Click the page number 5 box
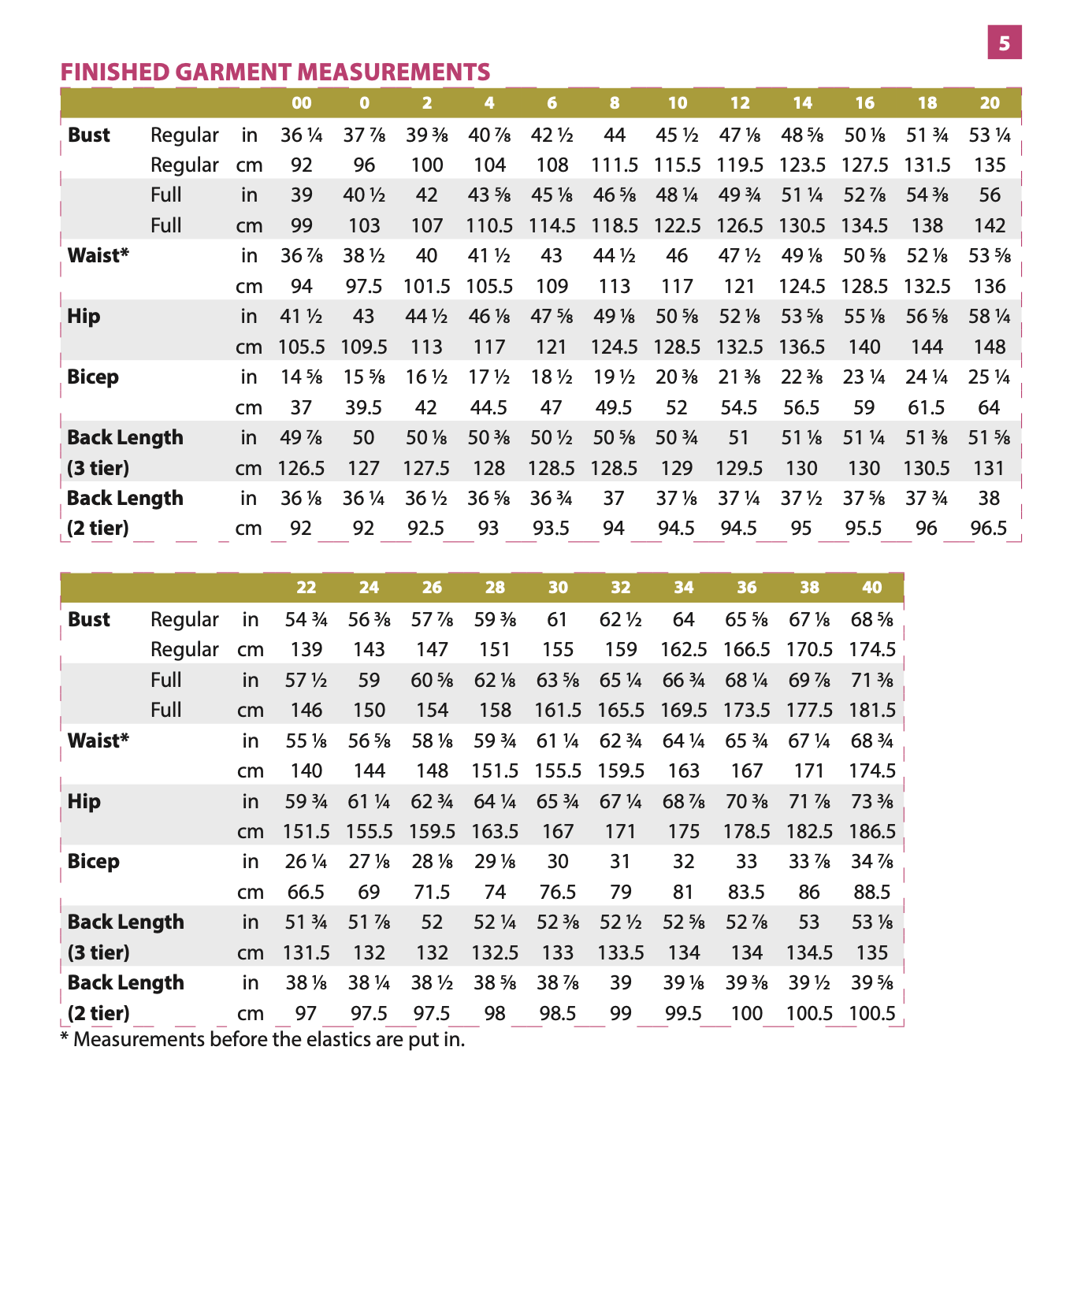[1004, 43]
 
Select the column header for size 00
[302, 103]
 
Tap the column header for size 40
[872, 588]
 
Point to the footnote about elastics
[262, 1039]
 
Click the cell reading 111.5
[615, 165]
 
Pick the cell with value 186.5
[872, 831]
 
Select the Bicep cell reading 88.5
[872, 892]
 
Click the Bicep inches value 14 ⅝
[302, 377]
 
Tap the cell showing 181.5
[872, 710]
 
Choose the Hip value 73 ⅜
[872, 801]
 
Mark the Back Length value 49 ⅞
[302, 438]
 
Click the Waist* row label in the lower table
[98, 741]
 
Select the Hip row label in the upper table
[84, 317]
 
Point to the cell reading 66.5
[306, 892]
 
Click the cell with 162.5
[684, 649]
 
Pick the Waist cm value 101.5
[426, 286]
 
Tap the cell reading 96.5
[989, 528]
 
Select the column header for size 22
[306, 588]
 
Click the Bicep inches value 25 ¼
[989, 377]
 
